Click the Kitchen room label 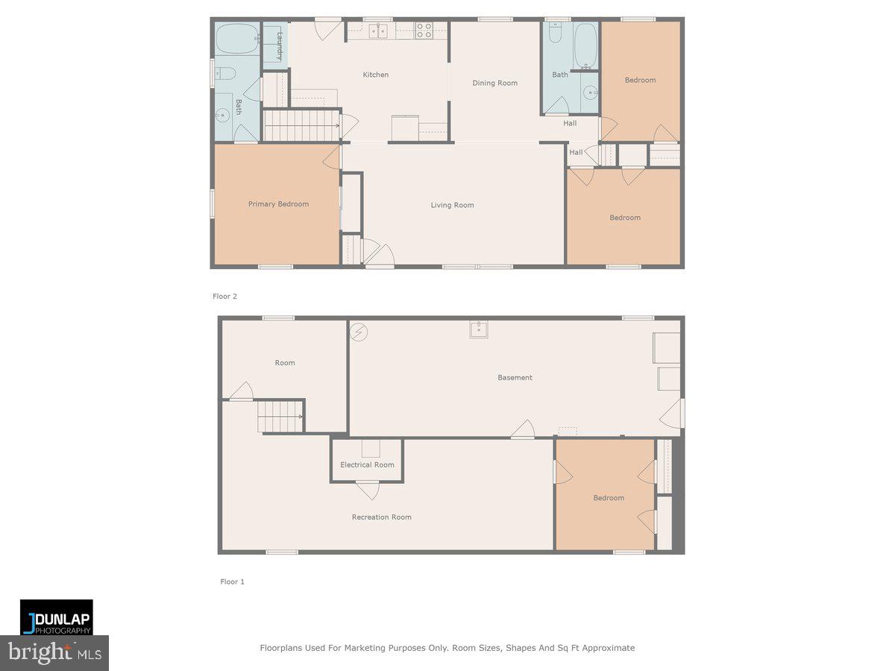tap(375, 75)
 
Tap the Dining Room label tap(494, 83)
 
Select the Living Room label tap(452, 205)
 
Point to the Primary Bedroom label tap(278, 204)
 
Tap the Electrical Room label tap(367, 464)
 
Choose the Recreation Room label tap(381, 517)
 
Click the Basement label tap(515, 377)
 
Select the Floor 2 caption tap(224, 296)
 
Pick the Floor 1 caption tap(232, 582)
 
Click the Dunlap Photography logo tap(57, 617)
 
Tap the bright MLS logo tap(54, 653)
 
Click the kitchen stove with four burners tap(424, 31)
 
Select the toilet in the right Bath tap(555, 34)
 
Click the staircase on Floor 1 tap(280, 416)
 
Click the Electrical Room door tap(367, 490)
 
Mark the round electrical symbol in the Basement tap(359, 332)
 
